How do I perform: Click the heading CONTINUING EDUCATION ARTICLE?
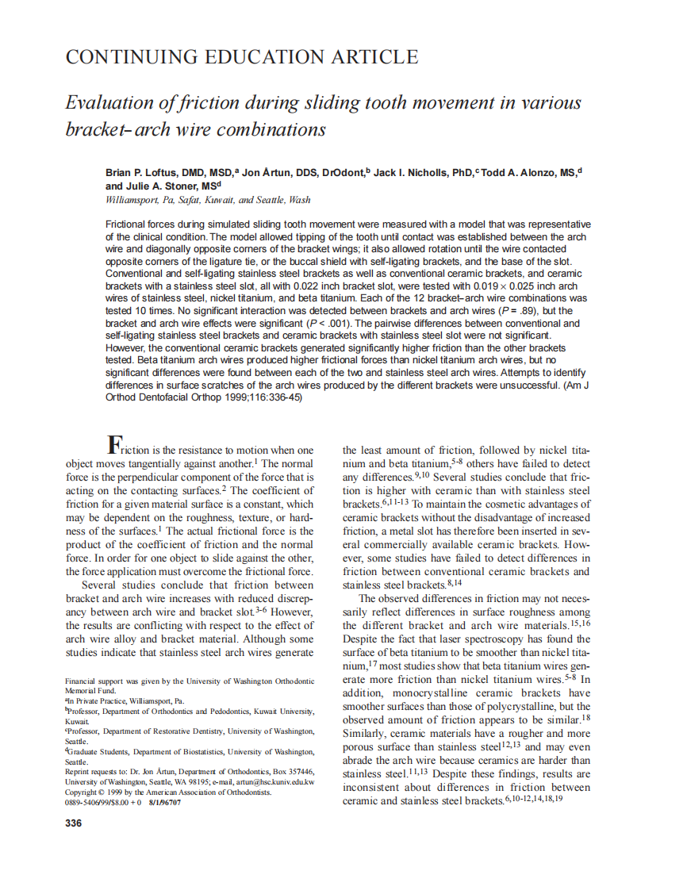(x=241, y=57)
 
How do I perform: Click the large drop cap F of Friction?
(x=114, y=445)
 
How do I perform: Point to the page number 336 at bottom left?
(x=73, y=823)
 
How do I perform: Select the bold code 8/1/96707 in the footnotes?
(x=164, y=802)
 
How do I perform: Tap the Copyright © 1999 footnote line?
(x=168, y=792)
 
